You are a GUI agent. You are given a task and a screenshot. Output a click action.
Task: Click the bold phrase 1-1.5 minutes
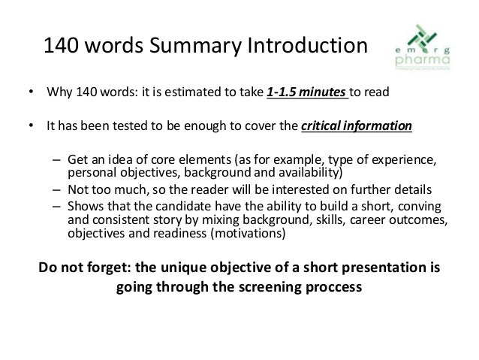coord(297,95)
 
